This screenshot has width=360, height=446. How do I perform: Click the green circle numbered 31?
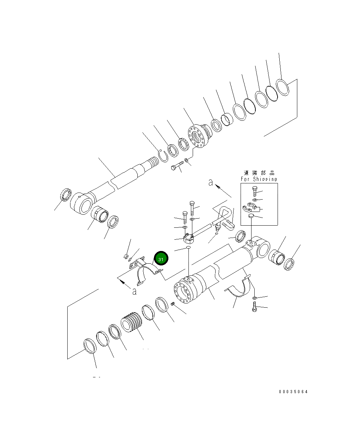click(x=161, y=259)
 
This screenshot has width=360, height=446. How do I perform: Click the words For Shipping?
click(x=259, y=179)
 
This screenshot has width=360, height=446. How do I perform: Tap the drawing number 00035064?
click(x=293, y=392)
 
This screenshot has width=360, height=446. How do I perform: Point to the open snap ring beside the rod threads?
click(x=163, y=156)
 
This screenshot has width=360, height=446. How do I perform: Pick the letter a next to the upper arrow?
click(x=210, y=183)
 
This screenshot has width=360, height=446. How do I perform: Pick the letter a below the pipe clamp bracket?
click(x=134, y=291)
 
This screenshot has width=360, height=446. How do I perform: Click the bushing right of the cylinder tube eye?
click(x=277, y=257)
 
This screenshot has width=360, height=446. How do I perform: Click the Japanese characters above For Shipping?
click(x=259, y=173)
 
